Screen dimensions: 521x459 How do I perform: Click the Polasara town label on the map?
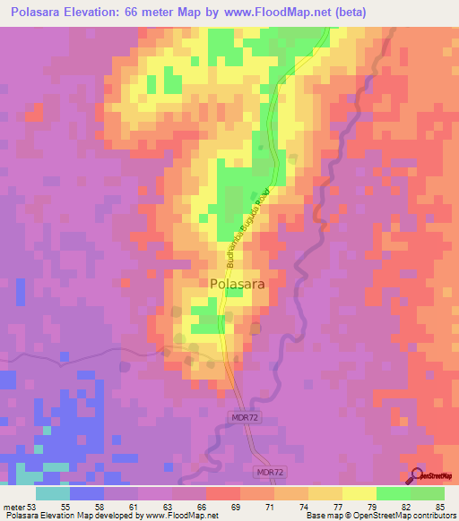pos(237,284)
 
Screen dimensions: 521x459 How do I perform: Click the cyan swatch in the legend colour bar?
pos(53,493)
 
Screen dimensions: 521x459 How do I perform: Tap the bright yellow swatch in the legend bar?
pos(359,493)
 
